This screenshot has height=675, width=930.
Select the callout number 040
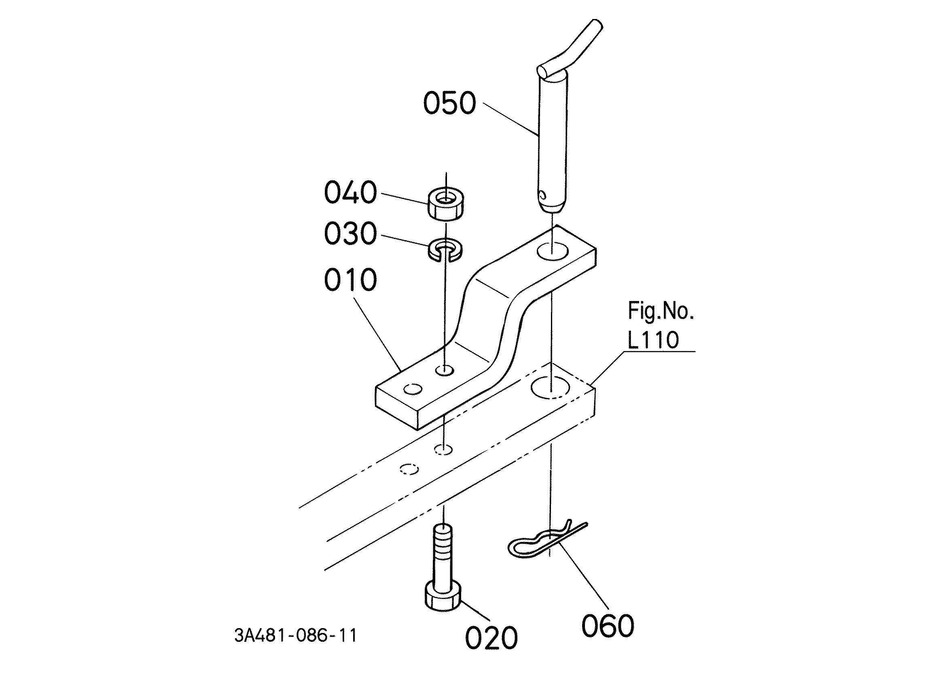click(x=350, y=193)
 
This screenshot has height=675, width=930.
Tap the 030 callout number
click(x=350, y=233)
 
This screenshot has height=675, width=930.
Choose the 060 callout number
click(x=608, y=626)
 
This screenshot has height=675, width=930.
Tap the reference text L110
click(x=653, y=340)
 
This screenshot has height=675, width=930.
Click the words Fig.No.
click(x=661, y=311)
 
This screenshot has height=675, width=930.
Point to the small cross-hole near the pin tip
click(x=544, y=195)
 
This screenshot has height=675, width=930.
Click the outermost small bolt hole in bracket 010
click(x=413, y=389)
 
